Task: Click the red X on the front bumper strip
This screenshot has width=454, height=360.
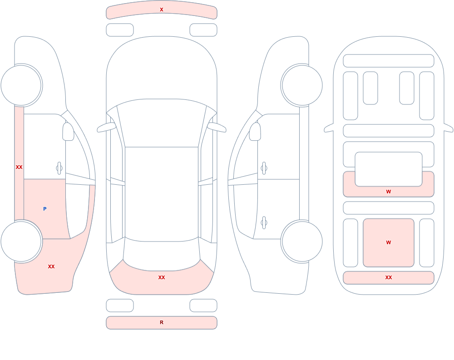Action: click(x=162, y=10)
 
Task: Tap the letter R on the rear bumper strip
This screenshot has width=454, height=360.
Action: click(x=162, y=322)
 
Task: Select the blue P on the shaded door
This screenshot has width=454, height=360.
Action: click(x=44, y=209)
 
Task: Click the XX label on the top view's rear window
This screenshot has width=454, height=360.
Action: click(x=162, y=277)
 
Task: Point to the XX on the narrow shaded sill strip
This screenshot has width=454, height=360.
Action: click(x=19, y=167)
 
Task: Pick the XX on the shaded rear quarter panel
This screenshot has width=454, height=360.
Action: click(x=51, y=266)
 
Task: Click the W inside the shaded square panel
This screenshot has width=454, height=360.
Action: click(x=389, y=242)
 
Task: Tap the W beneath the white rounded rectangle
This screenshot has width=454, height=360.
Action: click(x=389, y=192)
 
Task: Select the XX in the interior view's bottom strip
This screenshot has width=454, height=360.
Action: click(x=389, y=277)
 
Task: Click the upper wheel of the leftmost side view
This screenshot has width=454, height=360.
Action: click(x=21, y=85)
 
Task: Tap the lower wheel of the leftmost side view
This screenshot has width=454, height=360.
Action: click(x=21, y=241)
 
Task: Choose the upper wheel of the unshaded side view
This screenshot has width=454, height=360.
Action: click(x=302, y=85)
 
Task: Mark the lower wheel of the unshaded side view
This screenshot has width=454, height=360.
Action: click(x=302, y=241)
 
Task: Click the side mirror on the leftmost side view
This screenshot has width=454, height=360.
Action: click(x=68, y=132)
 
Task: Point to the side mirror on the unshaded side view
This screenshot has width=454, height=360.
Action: click(x=255, y=132)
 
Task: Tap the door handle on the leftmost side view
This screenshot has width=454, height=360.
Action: click(x=59, y=168)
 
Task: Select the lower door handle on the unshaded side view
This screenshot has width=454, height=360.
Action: click(x=264, y=223)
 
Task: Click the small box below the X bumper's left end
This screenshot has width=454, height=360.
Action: click(x=120, y=30)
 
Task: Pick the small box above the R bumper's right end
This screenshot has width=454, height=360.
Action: click(x=203, y=306)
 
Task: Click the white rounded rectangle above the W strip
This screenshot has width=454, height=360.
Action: click(x=389, y=169)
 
